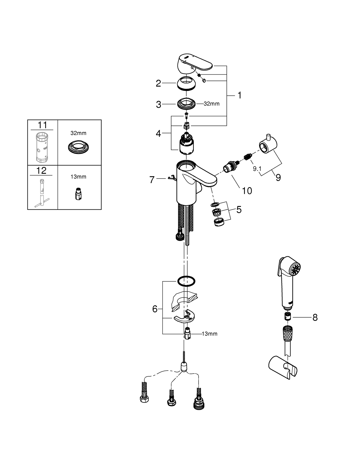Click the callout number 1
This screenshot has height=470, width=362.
pyautogui.click(x=240, y=95)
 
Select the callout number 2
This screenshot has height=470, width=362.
pyautogui.click(x=158, y=83)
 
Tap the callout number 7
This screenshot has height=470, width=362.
pyautogui.click(x=152, y=180)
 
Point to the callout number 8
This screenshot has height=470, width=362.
pyautogui.click(x=315, y=318)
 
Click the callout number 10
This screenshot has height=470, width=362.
pyautogui.click(x=247, y=191)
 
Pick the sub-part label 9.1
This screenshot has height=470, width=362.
pyautogui.click(x=257, y=169)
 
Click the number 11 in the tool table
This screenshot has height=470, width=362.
pyautogui.click(x=42, y=125)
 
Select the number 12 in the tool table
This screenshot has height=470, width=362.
pyautogui.click(x=41, y=171)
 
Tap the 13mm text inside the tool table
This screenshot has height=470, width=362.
pyautogui.click(x=78, y=177)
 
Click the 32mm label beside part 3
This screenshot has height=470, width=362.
pyautogui.click(x=211, y=104)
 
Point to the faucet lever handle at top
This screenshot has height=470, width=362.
pyautogui.click(x=194, y=63)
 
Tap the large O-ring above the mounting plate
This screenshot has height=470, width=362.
pyautogui.click(x=186, y=281)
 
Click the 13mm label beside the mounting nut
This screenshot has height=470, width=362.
pyautogui.click(x=209, y=334)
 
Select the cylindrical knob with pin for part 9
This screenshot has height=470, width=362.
pyautogui.click(x=268, y=145)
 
